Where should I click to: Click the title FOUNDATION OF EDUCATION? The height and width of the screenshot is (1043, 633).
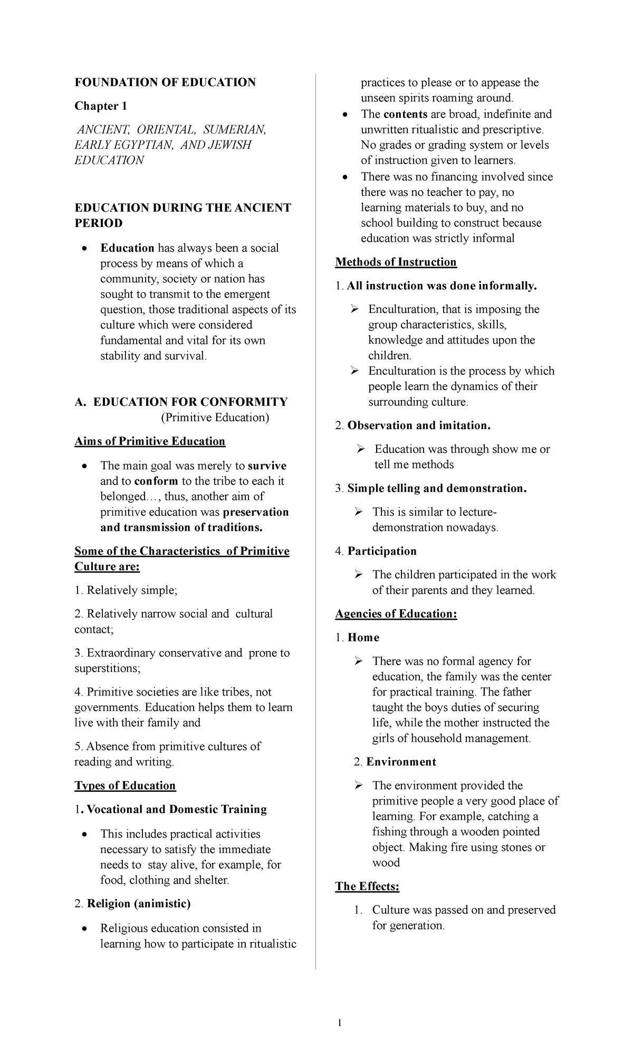(x=165, y=82)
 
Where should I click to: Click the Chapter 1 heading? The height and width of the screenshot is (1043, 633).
(x=101, y=106)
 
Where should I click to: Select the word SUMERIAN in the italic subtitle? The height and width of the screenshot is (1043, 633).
(x=235, y=129)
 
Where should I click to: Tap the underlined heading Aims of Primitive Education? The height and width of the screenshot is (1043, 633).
(x=150, y=441)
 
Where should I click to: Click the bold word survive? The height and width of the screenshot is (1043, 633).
(x=267, y=466)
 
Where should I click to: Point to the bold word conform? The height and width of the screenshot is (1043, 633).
(x=156, y=481)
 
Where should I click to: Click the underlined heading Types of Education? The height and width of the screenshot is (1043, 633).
(x=125, y=785)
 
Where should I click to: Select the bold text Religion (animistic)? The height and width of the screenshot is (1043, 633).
(x=139, y=904)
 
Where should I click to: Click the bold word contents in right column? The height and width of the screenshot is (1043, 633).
(x=405, y=114)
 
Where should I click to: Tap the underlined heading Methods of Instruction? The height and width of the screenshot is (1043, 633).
(x=396, y=262)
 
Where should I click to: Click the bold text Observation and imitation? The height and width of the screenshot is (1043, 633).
(x=419, y=425)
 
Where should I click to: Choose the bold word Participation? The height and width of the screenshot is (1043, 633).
(x=382, y=551)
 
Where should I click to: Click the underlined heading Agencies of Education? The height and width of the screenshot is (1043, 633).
(x=396, y=614)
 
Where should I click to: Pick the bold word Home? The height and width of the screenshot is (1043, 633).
(x=363, y=638)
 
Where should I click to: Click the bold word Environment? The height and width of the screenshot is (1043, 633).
(x=401, y=762)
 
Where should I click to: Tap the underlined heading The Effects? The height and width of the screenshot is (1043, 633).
(x=367, y=886)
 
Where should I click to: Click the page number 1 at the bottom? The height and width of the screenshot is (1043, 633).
(x=340, y=1023)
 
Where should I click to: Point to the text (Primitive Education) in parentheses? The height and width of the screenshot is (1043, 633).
(x=215, y=418)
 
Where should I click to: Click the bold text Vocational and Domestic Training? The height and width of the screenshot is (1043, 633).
(x=177, y=809)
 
